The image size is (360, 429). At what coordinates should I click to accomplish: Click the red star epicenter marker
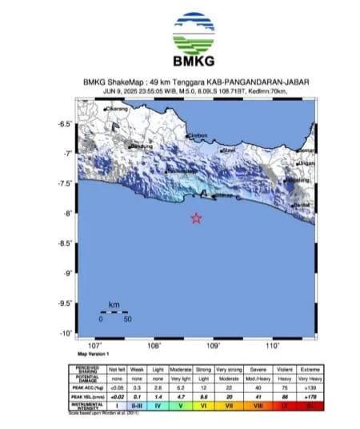click(x=197, y=219)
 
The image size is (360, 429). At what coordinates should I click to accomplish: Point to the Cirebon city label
click(x=198, y=135)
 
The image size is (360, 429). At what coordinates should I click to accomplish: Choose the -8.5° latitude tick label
click(x=66, y=243)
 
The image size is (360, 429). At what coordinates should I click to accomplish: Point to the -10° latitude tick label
click(x=67, y=333)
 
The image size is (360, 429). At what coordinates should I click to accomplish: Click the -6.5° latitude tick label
click(x=66, y=123)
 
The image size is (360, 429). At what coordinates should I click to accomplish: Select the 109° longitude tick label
click(x=214, y=346)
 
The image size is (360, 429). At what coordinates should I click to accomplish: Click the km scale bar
click(x=114, y=312)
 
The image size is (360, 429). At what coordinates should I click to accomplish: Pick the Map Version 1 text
click(x=94, y=353)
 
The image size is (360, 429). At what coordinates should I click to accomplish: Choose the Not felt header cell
click(x=111, y=371)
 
